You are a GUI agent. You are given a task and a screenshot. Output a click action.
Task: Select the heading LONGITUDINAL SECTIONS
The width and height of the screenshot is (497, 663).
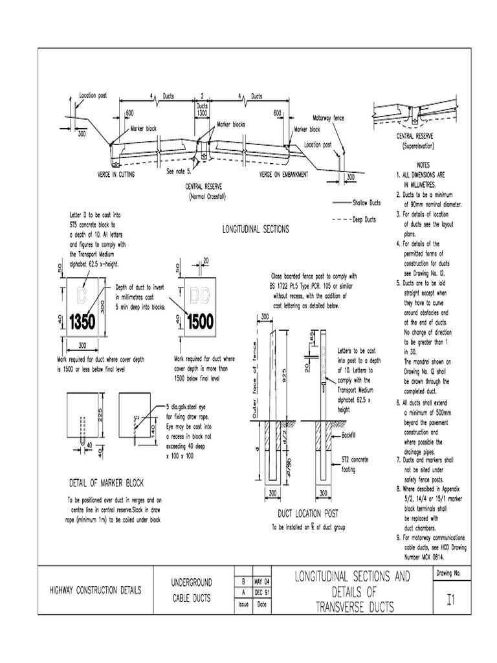click(256, 229)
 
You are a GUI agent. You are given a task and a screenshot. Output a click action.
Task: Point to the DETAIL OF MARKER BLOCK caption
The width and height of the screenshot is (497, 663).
click(106, 483)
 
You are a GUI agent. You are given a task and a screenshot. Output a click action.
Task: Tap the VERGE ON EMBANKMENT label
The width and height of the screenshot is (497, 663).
click(284, 175)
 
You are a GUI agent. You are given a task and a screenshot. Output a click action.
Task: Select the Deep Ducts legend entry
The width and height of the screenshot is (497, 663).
click(364, 219)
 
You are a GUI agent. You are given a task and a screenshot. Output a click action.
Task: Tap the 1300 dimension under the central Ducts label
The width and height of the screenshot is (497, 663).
click(202, 112)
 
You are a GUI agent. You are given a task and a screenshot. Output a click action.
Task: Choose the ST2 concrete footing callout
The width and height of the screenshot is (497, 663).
click(355, 464)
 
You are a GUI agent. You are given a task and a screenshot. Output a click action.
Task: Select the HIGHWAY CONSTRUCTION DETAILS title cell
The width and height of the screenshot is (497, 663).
click(96, 590)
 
